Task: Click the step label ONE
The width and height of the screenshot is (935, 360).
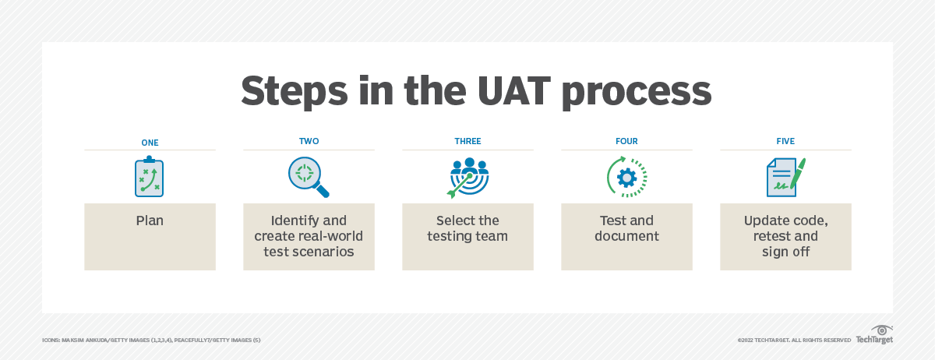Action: pyautogui.click(x=150, y=142)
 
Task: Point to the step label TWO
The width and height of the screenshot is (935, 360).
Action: pyautogui.click(x=309, y=142)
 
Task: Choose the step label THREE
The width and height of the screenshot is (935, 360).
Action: pyautogui.click(x=467, y=142)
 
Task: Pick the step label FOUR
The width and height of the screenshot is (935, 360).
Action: pyautogui.click(x=626, y=142)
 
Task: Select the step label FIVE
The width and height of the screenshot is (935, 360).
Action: pyautogui.click(x=785, y=142)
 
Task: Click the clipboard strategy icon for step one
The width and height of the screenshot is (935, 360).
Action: pyautogui.click(x=150, y=177)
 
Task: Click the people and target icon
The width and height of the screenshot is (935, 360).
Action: pyautogui.click(x=467, y=177)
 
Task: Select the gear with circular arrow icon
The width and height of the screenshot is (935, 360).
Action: pyautogui.click(x=626, y=177)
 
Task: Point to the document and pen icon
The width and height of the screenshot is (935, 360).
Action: pyautogui.click(x=785, y=177)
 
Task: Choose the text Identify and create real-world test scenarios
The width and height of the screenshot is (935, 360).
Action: pyautogui.click(x=309, y=236)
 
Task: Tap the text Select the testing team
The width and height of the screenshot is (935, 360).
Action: pyautogui.click(x=467, y=228)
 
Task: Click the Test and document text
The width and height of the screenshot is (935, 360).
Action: pyautogui.click(x=626, y=228)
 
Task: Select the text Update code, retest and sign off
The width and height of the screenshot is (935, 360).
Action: pyautogui.click(x=785, y=236)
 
